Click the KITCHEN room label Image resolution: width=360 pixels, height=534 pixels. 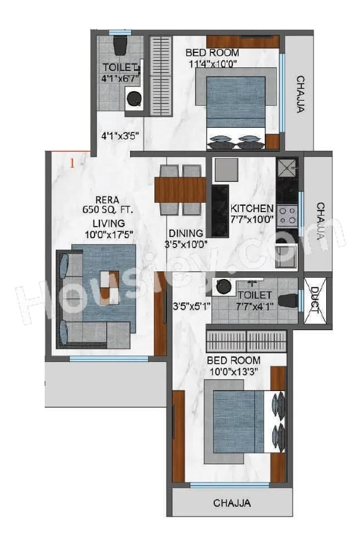pyautogui.click(x=252, y=209)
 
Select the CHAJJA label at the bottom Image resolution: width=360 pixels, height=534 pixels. pyautogui.click(x=232, y=503)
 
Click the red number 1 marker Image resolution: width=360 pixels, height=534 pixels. pyautogui.click(x=72, y=163)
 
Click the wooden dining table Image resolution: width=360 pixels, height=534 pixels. pyautogui.click(x=181, y=190)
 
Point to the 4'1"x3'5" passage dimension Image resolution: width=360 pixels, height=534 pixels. pyautogui.click(x=120, y=137)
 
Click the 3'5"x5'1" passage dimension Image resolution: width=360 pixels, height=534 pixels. pyautogui.click(x=191, y=304)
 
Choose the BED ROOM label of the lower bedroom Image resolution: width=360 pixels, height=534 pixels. pyautogui.click(x=234, y=360)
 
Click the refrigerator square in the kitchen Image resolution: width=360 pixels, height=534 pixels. pyautogui.click(x=226, y=170)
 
